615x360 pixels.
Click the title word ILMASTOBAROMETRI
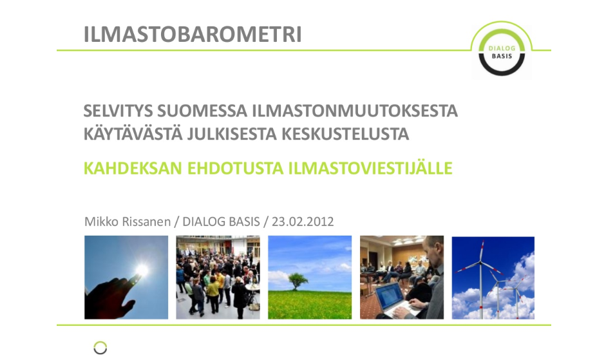click(x=193, y=34)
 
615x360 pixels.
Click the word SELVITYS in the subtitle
click(x=118, y=111)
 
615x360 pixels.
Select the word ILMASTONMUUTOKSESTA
click(x=355, y=111)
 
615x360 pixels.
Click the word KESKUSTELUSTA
click(x=345, y=134)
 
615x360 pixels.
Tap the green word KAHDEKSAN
click(x=133, y=168)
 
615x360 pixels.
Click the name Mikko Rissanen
click(x=128, y=222)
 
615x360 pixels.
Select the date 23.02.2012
click(x=303, y=222)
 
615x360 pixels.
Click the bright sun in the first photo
click(x=142, y=270)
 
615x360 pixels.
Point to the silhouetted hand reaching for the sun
click(x=112, y=298)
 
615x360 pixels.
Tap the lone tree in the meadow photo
click(x=298, y=281)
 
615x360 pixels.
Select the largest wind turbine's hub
click(x=481, y=261)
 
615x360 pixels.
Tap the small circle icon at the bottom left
click(x=100, y=348)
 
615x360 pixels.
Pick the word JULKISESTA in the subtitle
click(x=232, y=134)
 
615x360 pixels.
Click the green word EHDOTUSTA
click(x=235, y=168)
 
